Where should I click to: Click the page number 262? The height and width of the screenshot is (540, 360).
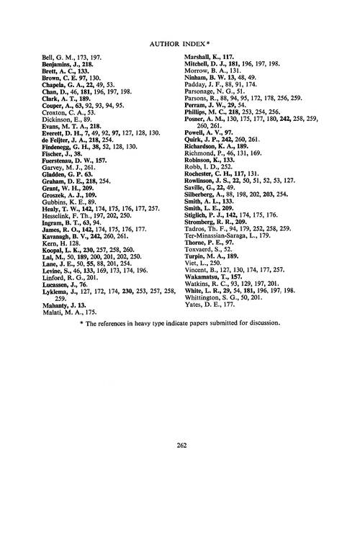pos(181,445)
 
